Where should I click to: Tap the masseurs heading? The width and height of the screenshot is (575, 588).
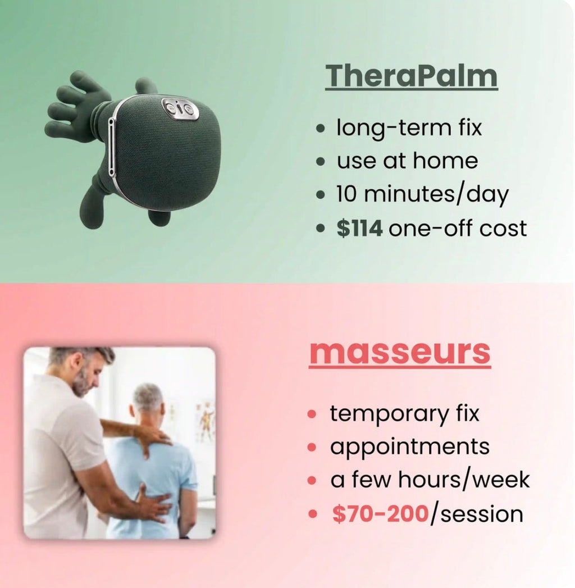coord(400,352)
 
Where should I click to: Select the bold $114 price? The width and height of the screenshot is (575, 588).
coord(359,229)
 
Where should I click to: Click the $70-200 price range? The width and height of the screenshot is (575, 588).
coord(380,514)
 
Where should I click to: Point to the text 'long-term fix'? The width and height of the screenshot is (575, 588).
coord(409,127)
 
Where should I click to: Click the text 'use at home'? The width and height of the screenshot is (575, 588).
coord(407,161)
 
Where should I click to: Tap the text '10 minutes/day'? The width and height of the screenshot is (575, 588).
coord(422,195)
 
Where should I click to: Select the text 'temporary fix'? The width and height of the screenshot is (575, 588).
coord(404,413)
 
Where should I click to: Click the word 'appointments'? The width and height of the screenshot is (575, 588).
coord(409,447)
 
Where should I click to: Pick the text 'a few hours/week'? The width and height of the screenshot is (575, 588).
coord(430,480)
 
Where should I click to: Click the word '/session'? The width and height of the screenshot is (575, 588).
coord(476,514)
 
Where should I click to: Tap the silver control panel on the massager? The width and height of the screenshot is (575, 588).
coord(180,109)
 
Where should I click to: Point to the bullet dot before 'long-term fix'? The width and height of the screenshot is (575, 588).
coord(321,129)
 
